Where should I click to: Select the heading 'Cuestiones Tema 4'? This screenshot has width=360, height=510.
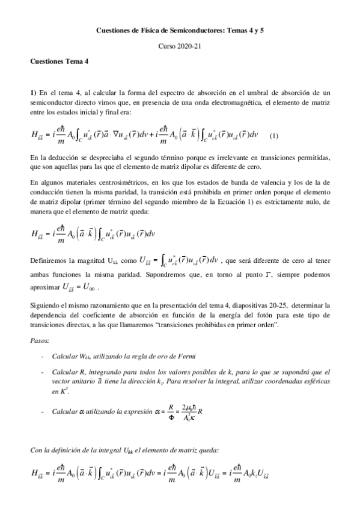click(59, 62)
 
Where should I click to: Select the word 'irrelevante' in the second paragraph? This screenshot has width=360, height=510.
click(227, 156)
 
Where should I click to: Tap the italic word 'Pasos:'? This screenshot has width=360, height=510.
click(40, 341)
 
